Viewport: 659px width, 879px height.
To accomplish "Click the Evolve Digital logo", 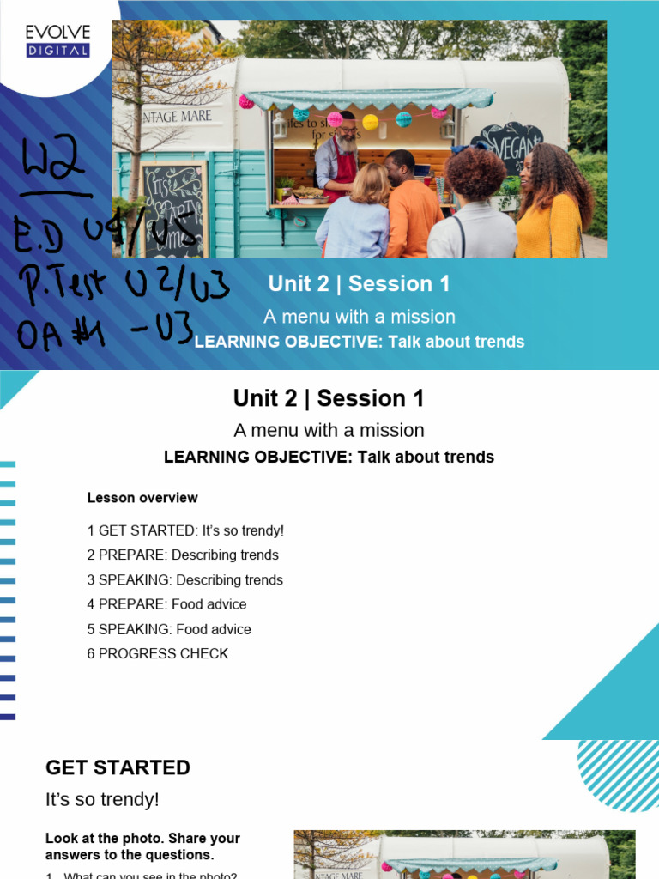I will tap(57, 41).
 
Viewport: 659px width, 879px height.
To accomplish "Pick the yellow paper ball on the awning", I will tap(371, 122).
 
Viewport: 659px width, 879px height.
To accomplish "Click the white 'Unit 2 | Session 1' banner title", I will tap(359, 283).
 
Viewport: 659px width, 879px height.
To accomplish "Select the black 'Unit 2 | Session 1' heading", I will tap(329, 398).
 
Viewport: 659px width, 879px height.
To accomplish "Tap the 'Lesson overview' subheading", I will tap(142, 498).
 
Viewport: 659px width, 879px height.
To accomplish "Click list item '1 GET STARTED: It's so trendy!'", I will tap(185, 531).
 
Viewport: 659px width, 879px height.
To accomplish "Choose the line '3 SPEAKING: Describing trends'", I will tap(185, 580).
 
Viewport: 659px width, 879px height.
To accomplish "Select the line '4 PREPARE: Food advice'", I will tap(166, 604).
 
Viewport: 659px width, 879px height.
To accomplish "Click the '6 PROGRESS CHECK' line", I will tap(158, 653).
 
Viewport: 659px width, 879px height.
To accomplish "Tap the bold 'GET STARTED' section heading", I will tap(118, 767).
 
